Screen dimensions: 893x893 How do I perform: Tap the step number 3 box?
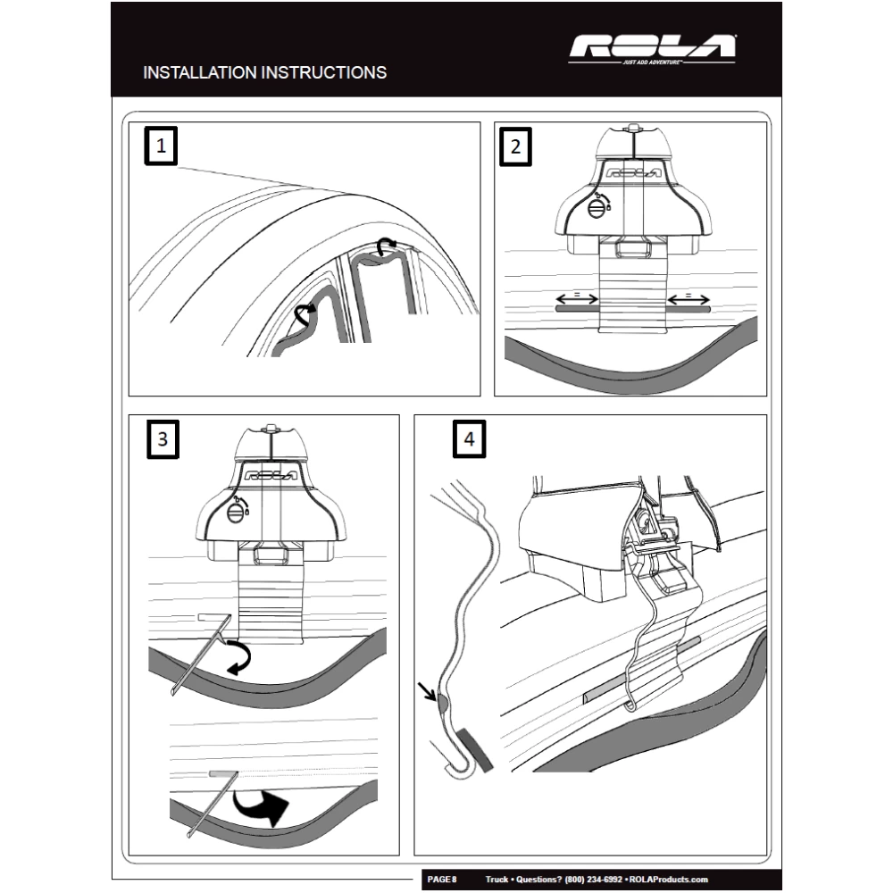[x=162, y=438]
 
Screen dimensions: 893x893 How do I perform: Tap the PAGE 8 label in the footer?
[x=442, y=880]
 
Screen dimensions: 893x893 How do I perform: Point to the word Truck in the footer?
[x=497, y=880]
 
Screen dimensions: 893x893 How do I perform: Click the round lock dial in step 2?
[x=597, y=208]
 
